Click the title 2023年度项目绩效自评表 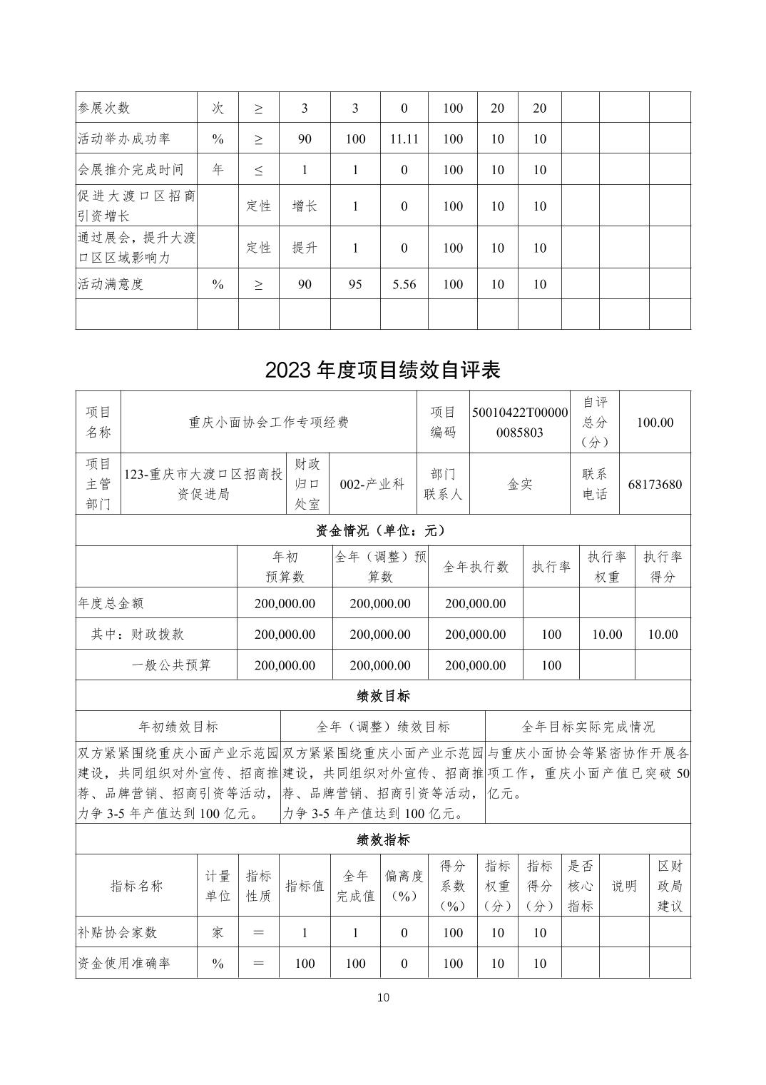click(382, 369)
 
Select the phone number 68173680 click(655, 484)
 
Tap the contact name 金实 click(520, 484)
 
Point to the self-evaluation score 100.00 click(655, 422)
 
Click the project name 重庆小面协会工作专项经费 click(269, 422)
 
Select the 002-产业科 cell click(372, 484)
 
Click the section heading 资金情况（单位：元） click(382, 530)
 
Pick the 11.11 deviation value click(404, 138)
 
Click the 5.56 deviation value click(404, 284)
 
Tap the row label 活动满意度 click(111, 284)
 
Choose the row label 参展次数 click(104, 108)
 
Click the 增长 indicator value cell click(305, 206)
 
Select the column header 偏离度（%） click(404, 885)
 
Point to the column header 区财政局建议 click(670, 885)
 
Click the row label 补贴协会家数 click(117, 932)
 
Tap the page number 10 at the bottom click(383, 997)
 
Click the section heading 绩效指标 click(382, 839)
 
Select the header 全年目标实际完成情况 click(588, 727)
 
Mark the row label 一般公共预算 click(171, 665)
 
